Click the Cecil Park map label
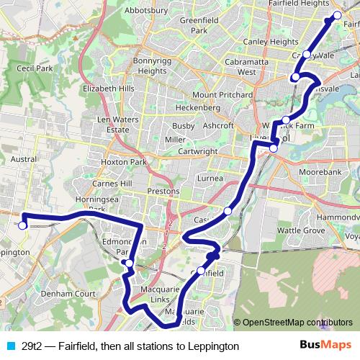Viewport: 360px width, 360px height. click(x=35, y=69)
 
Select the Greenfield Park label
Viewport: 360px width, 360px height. click(x=194, y=25)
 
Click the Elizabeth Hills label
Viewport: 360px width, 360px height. click(x=109, y=89)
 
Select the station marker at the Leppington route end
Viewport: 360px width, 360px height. click(x=22, y=225)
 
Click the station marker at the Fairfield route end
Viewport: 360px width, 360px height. click(x=338, y=14)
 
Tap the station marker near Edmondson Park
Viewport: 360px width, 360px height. click(x=128, y=264)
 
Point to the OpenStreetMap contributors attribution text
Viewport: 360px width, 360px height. click(x=297, y=323)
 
